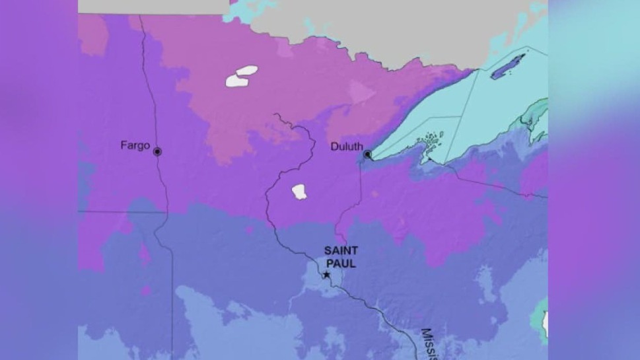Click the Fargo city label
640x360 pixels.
pyautogui.click(x=135, y=145)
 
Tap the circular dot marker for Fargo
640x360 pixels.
pyautogui.click(x=157, y=151)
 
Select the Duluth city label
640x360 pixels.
pyautogui.click(x=346, y=147)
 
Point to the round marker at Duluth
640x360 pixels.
pyautogui.click(x=367, y=155)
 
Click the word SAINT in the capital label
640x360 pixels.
pyautogui.click(x=341, y=250)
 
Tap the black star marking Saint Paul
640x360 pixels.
pyautogui.click(x=326, y=275)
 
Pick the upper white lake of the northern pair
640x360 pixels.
pyautogui.click(x=247, y=70)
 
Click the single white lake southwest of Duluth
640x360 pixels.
pyautogui.click(x=299, y=192)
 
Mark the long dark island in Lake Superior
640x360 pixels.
pyautogui.click(x=507, y=67)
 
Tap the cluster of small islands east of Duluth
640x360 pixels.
pyautogui.click(x=432, y=141)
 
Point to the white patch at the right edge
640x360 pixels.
pyautogui.click(x=545, y=323)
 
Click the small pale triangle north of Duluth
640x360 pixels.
pyautogui.click(x=361, y=92)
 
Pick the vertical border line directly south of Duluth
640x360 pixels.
pyautogui.click(x=361, y=192)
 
